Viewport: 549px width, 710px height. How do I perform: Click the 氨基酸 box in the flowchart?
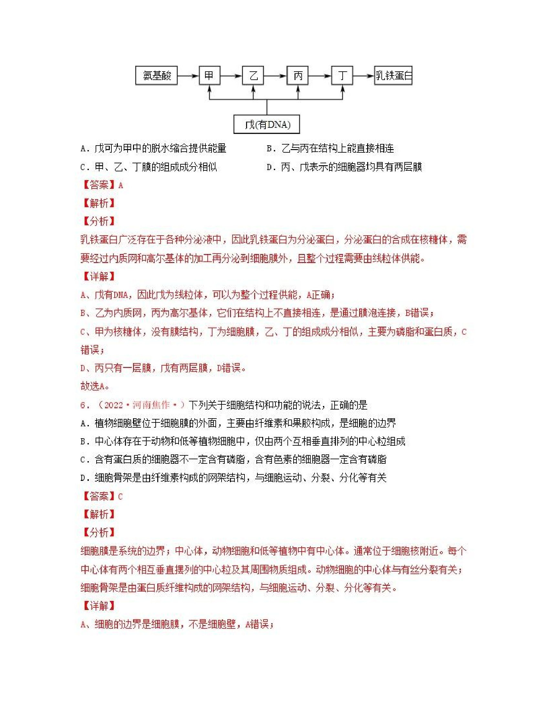coord(156,76)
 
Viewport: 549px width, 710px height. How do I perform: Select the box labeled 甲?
coord(210,76)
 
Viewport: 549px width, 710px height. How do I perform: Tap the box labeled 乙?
coord(253,76)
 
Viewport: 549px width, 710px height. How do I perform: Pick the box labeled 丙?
coord(297,76)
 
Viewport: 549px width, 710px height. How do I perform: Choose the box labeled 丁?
coord(342,76)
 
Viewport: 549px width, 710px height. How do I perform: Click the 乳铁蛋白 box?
coord(393,76)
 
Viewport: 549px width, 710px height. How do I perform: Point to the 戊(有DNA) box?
coord(267,124)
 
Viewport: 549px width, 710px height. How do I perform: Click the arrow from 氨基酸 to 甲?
coord(188,76)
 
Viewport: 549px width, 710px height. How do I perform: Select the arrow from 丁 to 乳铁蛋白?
coord(363,76)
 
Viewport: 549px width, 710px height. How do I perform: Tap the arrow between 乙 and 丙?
coord(275,76)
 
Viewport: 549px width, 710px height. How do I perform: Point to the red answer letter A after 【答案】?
coord(121,186)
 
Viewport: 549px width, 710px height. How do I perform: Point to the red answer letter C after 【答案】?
coord(120,497)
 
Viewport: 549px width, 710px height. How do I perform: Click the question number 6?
coord(83,405)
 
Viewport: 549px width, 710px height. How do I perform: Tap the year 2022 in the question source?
coord(113,405)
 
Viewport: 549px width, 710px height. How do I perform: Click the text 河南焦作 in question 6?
coord(151,405)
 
